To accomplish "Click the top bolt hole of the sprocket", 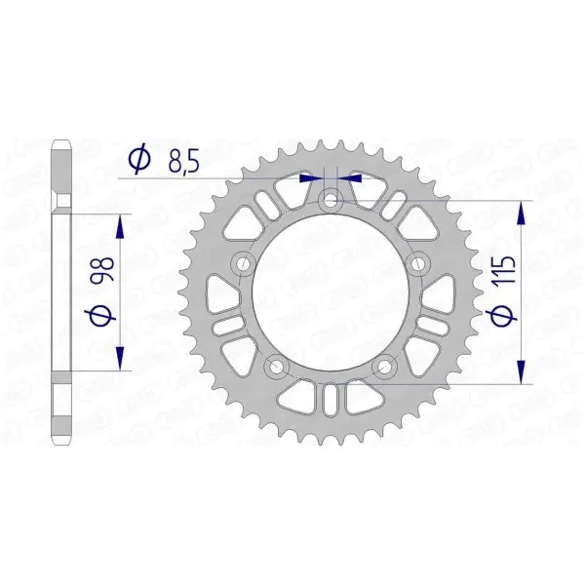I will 331,201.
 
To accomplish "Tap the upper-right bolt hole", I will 420,264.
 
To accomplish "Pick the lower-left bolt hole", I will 276,367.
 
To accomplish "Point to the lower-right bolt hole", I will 386,367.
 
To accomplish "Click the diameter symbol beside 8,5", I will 138,158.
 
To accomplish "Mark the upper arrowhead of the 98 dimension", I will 120,226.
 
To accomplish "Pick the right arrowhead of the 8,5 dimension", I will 351,178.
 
